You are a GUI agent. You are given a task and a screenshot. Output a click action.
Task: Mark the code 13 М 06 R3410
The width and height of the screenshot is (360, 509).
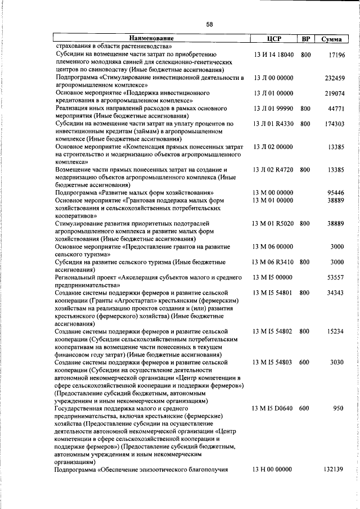click(x=273, y=262)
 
